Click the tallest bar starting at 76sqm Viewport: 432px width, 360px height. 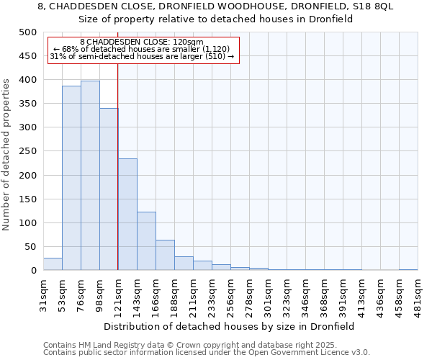point(90,176)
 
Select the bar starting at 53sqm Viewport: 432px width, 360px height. point(71,179)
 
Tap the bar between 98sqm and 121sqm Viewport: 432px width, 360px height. point(109,189)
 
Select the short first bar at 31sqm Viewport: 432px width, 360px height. point(53,264)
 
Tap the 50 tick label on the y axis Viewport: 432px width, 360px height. point(30,247)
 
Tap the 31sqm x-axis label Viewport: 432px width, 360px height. point(44,292)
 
